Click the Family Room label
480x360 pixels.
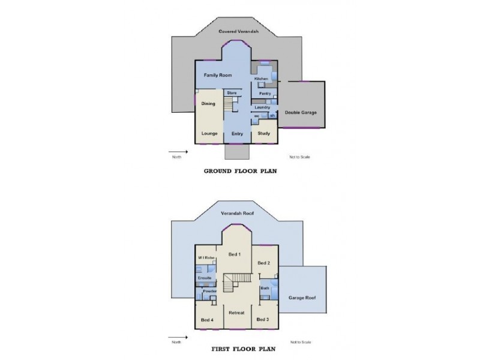click(x=217, y=75)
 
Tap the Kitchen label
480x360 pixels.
click(x=261, y=79)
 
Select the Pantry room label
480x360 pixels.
click(x=265, y=94)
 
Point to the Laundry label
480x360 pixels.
click(x=263, y=107)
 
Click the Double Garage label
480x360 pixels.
click(x=301, y=112)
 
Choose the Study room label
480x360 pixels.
click(x=263, y=133)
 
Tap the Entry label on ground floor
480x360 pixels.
click(x=237, y=133)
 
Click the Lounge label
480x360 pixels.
click(x=209, y=133)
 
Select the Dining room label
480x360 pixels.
click(x=208, y=104)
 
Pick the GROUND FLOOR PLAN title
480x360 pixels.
click(x=240, y=170)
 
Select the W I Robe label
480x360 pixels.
click(x=207, y=257)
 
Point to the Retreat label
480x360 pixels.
click(x=236, y=313)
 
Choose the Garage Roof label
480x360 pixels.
click(x=303, y=298)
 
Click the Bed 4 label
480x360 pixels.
click(x=208, y=319)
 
